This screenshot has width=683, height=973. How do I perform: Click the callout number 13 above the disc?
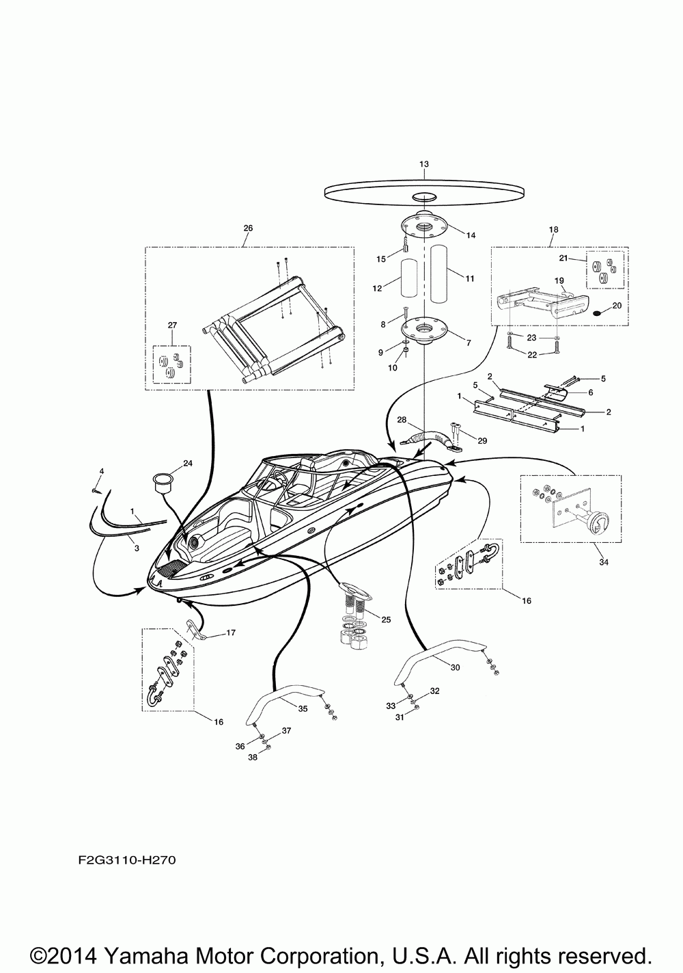pos(423,164)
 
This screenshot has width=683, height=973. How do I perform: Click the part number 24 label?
pos(188,463)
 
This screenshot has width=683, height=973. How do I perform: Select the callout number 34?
pos(603,562)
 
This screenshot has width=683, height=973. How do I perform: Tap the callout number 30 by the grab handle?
pos(456,667)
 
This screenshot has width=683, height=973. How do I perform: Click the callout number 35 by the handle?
pos(303,709)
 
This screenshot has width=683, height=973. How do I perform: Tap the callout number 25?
pos(386,619)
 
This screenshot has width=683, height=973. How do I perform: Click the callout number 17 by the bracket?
pos(231,632)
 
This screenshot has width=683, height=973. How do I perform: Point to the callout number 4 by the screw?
pos(102,471)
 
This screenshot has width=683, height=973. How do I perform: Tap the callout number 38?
pos(253,757)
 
